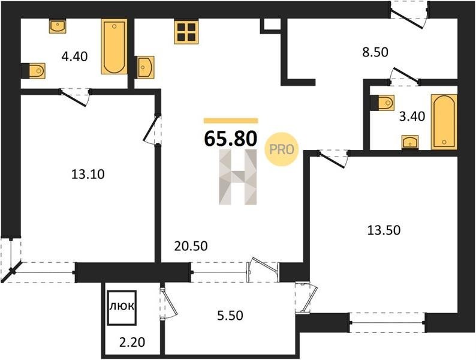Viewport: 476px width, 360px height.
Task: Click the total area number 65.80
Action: pyautogui.click(x=231, y=138)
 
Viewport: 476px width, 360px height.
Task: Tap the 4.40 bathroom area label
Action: pyautogui.click(x=74, y=56)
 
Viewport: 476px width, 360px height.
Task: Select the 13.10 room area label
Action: pyautogui.click(x=88, y=175)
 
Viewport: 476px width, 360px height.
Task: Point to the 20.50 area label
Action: pyautogui.click(x=191, y=246)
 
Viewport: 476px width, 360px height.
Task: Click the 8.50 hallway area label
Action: pyautogui.click(x=375, y=52)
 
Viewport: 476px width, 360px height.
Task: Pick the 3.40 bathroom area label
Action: pyautogui.click(x=412, y=116)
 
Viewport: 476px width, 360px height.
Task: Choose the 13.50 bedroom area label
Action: pyautogui.click(x=384, y=230)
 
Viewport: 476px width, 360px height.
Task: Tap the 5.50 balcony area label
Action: pyautogui.click(x=230, y=316)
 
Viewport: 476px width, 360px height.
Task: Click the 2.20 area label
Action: pyautogui.click(x=132, y=343)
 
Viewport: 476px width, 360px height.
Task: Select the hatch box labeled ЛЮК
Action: pyautogui.click(x=122, y=308)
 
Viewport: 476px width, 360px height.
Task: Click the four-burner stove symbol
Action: pyautogui.click(x=186, y=32)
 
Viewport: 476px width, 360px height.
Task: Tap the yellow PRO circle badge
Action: pyautogui.click(x=281, y=149)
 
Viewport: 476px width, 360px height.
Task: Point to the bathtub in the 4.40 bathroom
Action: pyautogui.click(x=114, y=46)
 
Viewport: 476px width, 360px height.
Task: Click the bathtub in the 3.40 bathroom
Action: pyautogui.click(x=444, y=122)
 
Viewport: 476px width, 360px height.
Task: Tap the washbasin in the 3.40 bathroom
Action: pyautogui.click(x=410, y=142)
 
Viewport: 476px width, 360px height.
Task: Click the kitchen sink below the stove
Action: pyautogui.click(x=146, y=67)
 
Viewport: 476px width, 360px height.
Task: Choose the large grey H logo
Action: pyautogui.click(x=237, y=177)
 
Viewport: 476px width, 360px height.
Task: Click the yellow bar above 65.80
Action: pyautogui.click(x=231, y=121)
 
